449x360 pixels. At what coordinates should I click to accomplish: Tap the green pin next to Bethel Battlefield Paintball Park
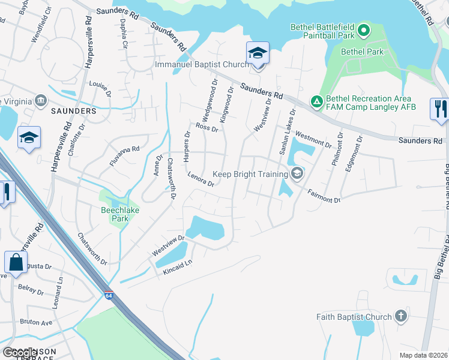[x=363, y=29]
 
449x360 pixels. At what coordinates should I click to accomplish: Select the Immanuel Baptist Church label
[x=201, y=64]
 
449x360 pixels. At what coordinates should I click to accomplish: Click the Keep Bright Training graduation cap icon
[x=297, y=174]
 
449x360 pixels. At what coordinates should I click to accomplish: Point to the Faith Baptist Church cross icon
[x=401, y=316]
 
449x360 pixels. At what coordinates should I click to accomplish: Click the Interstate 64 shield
[x=108, y=296]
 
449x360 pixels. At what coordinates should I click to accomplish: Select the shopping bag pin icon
[x=15, y=263]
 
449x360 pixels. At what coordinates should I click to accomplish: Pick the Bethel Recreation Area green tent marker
[x=316, y=103]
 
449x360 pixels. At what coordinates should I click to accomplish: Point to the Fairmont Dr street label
[x=324, y=196]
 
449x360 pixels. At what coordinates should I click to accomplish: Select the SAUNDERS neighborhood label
[x=74, y=112]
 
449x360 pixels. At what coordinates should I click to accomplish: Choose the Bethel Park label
[x=362, y=52]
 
